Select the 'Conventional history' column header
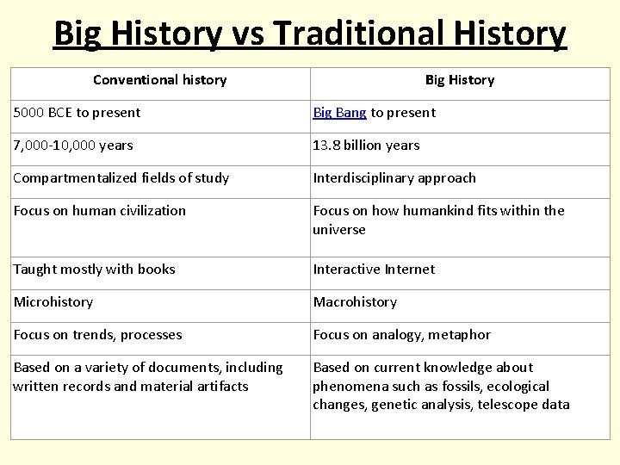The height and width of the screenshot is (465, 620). click(x=159, y=80)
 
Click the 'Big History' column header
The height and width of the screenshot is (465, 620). click(x=460, y=80)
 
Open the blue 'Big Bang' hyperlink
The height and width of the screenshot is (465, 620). click(x=339, y=113)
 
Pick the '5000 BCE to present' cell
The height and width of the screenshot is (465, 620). click(x=77, y=113)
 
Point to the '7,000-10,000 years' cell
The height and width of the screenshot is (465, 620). click(x=73, y=146)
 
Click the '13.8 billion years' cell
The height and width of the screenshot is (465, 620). click(x=366, y=146)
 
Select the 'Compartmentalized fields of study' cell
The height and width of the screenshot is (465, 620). click(x=121, y=178)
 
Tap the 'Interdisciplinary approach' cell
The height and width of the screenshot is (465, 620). click(x=394, y=178)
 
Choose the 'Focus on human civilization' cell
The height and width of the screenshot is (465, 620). click(x=100, y=211)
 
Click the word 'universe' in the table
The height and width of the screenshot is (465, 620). click(x=339, y=230)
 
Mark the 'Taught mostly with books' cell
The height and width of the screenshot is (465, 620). click(x=94, y=270)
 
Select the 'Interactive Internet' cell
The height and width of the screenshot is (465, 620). click(x=374, y=270)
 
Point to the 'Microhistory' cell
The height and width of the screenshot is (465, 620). click(x=53, y=302)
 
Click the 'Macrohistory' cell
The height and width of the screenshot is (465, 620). click(x=355, y=302)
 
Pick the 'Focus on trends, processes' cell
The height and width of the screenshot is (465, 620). click(x=98, y=335)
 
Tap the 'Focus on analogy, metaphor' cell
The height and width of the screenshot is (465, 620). click(x=401, y=335)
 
